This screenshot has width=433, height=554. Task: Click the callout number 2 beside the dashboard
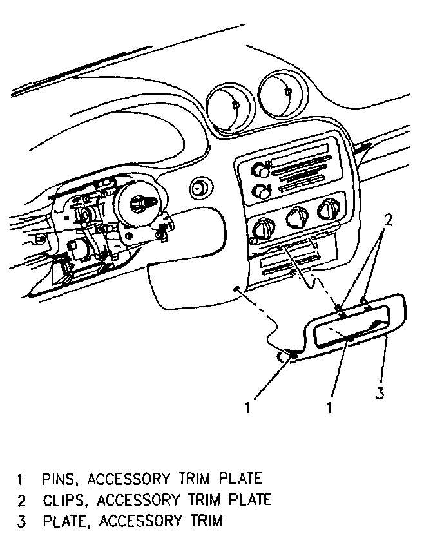388,220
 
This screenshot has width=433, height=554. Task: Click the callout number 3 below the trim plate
381,392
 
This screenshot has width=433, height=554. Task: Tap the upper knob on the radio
261,170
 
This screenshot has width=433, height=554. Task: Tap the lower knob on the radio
261,191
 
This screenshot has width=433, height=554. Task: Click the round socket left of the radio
200,188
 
